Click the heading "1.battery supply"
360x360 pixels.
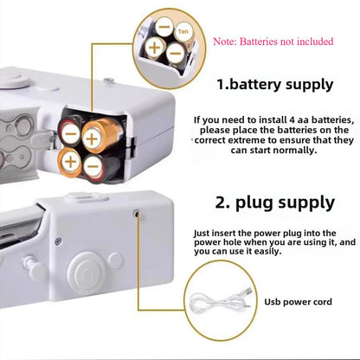pos(274,85)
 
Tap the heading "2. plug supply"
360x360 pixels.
pos(274,202)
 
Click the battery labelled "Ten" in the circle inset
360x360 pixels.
pos(182,32)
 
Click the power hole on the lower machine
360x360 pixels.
pos(137,212)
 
